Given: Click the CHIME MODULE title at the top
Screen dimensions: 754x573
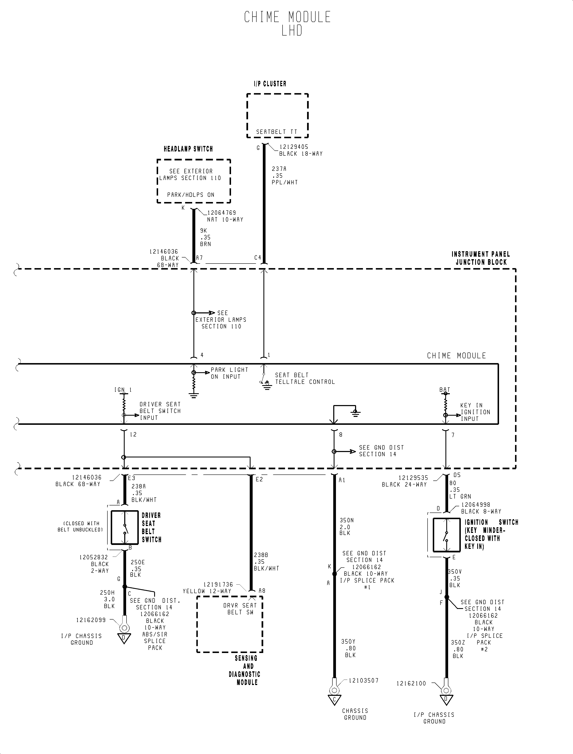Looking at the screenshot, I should pos(287,17).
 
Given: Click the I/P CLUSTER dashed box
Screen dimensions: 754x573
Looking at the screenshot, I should pos(277,115).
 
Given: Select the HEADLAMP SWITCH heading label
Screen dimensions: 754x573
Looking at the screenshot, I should pos(188,149).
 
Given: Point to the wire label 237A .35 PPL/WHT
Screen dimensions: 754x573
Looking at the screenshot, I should pos(284,175).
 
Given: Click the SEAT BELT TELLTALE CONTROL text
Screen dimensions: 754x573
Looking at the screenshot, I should pos(305,378).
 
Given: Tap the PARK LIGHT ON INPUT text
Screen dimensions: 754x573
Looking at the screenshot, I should pos(229,373).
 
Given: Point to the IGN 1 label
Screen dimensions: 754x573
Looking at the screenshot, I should pos(123,390).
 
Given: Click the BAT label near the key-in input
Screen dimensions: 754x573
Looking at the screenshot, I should pos(445,390).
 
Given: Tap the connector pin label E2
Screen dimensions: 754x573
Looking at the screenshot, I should pos(259,479).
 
